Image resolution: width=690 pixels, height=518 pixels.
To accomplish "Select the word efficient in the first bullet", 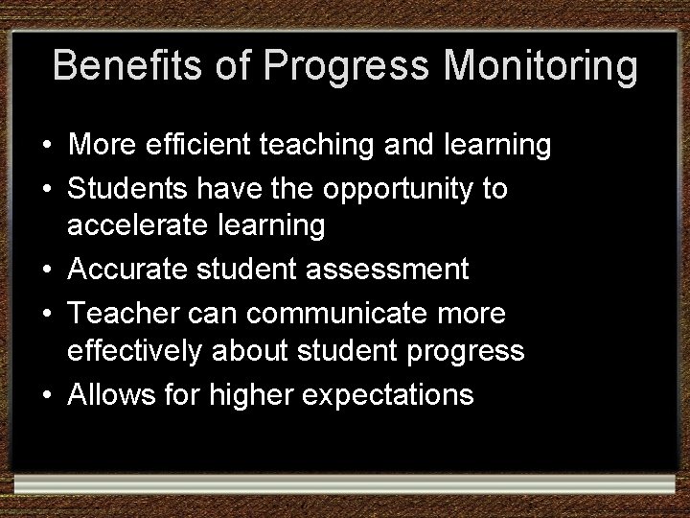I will pyautogui.click(x=204, y=146).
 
